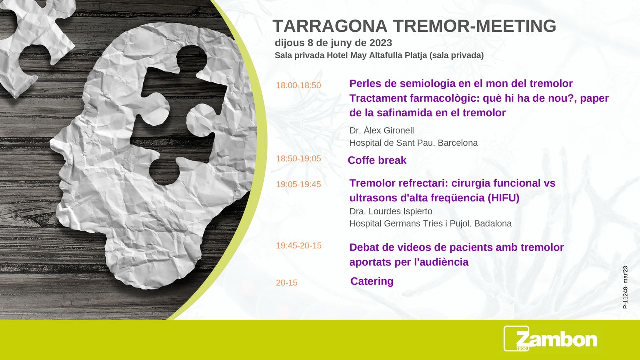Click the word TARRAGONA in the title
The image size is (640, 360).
tap(330, 26)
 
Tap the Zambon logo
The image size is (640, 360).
tap(550, 339)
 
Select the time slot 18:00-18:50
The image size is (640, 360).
tap(298, 85)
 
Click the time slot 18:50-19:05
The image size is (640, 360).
tap(298, 158)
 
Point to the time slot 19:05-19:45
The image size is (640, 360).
tap(298, 184)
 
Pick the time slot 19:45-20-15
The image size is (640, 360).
tap(299, 245)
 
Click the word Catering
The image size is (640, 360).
tap(372, 281)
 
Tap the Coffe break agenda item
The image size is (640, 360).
tap(377, 160)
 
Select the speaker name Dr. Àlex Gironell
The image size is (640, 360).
tap(381, 130)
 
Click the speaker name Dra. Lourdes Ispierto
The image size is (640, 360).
tap(391, 211)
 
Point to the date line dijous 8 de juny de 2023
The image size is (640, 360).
tap(333, 43)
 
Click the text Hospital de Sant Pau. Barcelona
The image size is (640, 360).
tap(413, 143)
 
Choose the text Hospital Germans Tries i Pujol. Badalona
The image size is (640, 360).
tap(430, 223)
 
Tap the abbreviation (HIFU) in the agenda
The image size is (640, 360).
tap(503, 198)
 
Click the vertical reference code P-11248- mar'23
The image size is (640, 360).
tap(625, 287)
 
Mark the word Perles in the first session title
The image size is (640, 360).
tap(365, 83)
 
